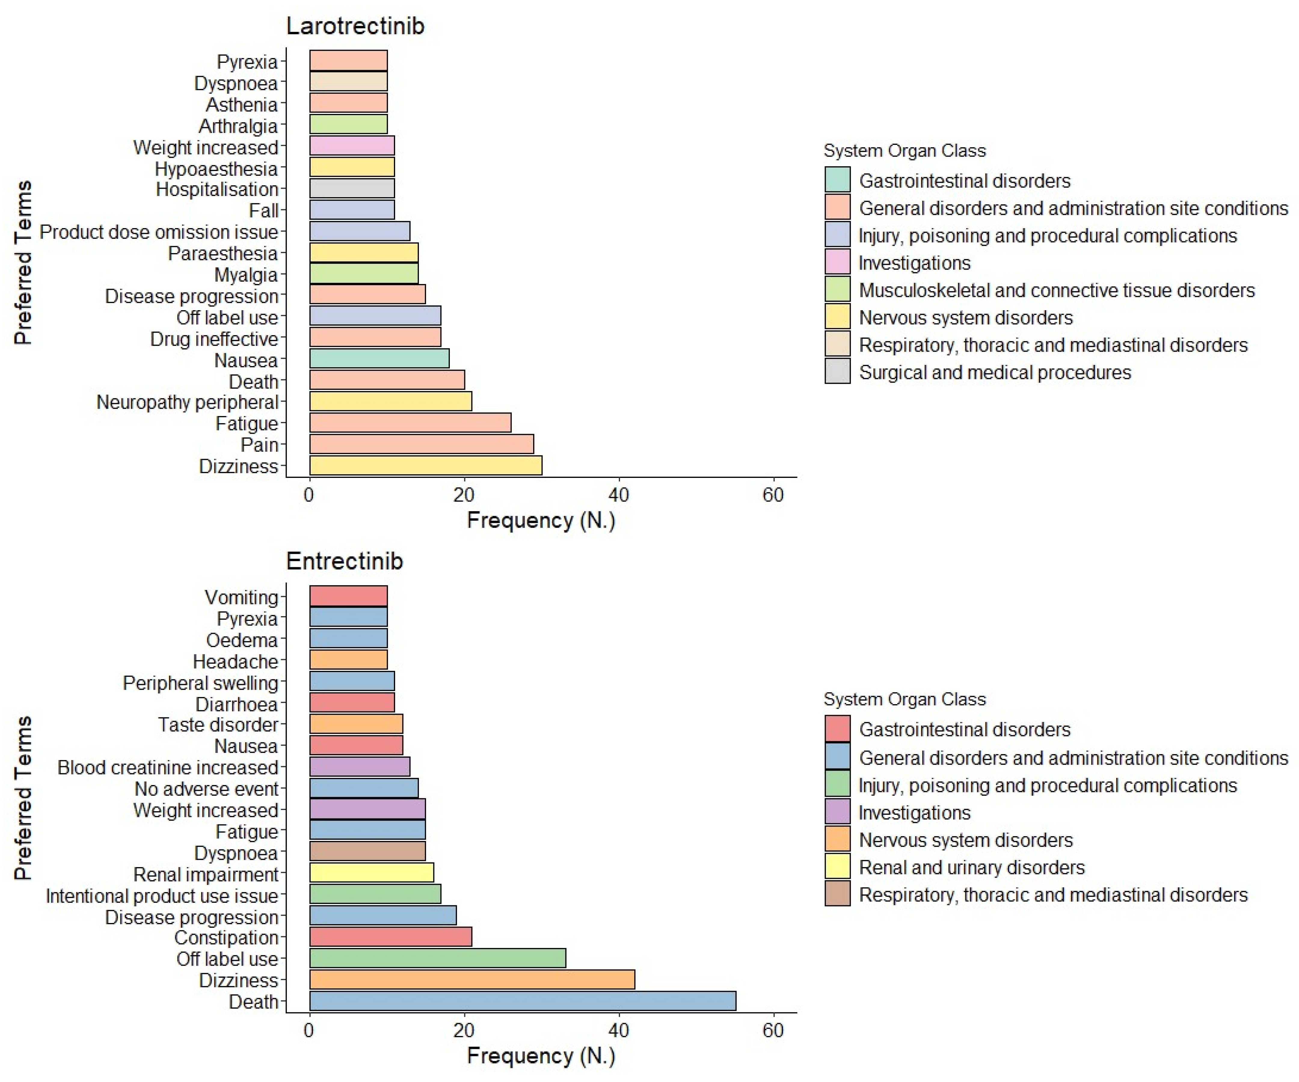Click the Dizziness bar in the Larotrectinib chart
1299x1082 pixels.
pos(425,466)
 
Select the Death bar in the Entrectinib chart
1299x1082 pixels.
pos(523,1001)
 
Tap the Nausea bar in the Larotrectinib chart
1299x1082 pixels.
pos(379,359)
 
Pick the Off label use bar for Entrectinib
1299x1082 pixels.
pos(437,958)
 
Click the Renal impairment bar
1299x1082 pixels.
pos(371,873)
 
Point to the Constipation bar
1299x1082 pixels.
pos(390,937)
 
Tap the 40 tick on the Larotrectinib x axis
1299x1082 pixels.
pos(618,495)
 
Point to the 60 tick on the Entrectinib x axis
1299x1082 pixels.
pos(772,1030)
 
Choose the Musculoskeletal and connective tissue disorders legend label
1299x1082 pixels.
pos(1057,290)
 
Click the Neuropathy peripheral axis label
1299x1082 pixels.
pos(187,402)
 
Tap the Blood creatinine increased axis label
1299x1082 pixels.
pos(167,767)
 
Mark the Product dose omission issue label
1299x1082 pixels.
pos(159,232)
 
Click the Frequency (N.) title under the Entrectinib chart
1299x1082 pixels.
pos(541,1056)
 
